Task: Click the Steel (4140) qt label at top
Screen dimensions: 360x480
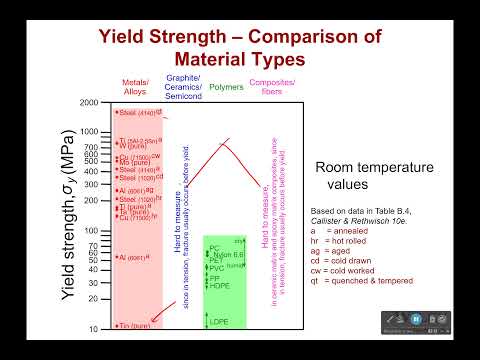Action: click(x=137, y=113)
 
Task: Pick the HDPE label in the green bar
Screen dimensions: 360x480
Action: click(x=219, y=286)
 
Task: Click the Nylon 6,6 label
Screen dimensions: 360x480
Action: click(x=226, y=253)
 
